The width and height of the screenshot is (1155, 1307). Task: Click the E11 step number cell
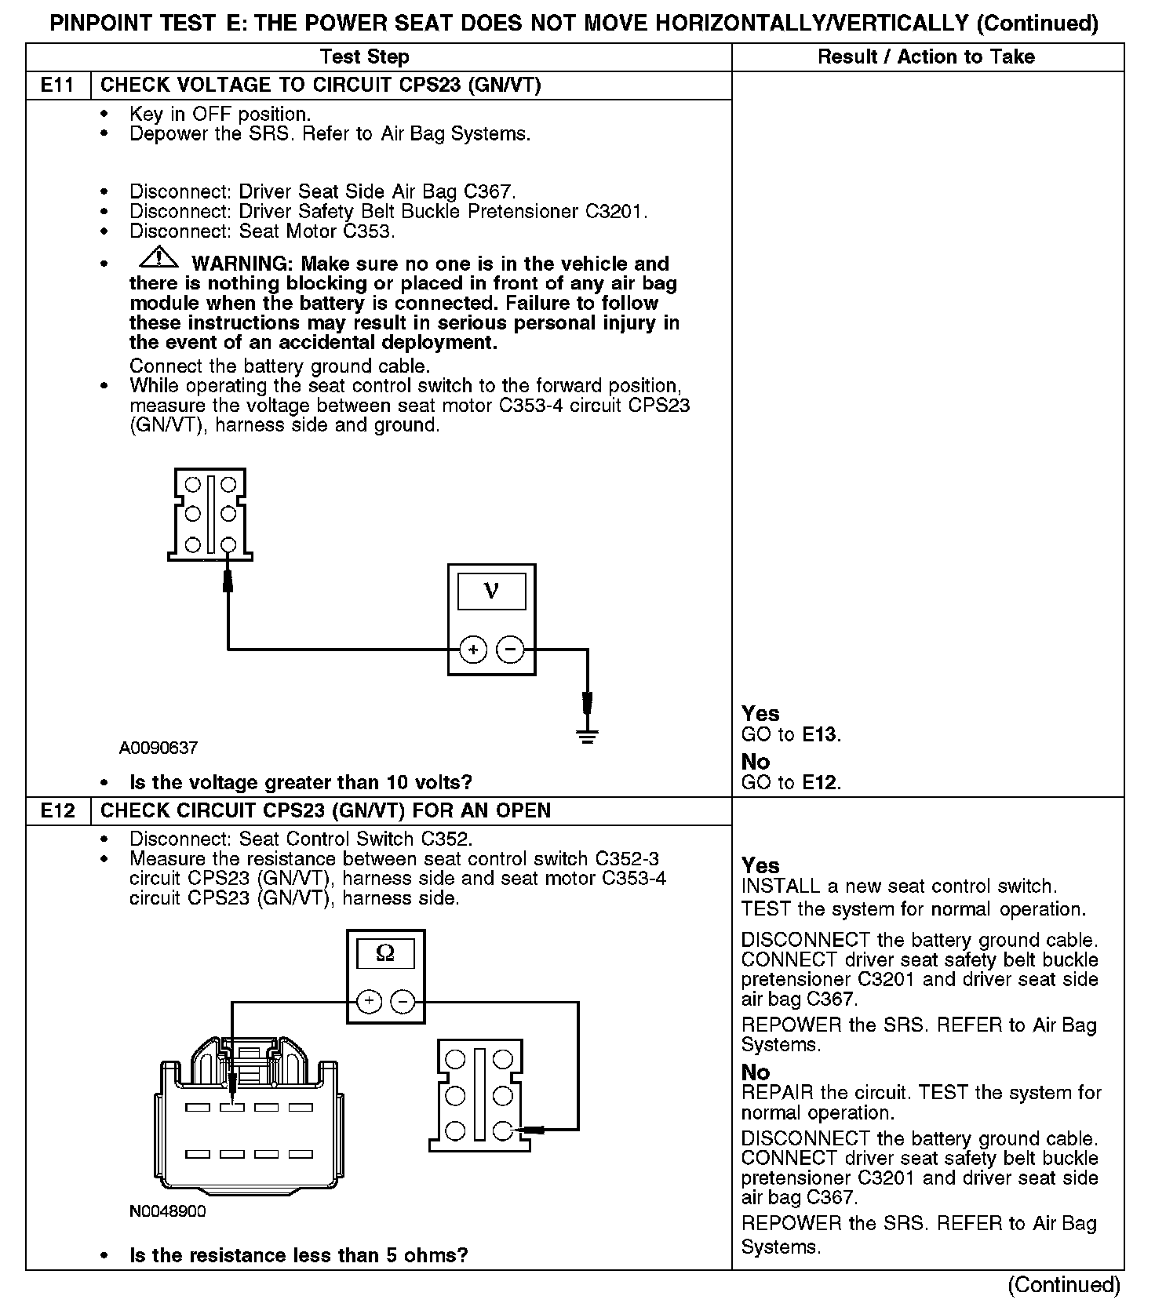coord(57,85)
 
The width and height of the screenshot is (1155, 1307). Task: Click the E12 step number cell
coord(57,810)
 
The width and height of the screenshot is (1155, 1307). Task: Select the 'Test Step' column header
coord(365,56)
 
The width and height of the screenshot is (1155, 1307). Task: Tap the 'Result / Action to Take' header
coord(926,56)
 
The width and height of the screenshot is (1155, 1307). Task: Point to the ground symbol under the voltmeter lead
coord(587,735)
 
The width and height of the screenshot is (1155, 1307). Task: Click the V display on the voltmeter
coord(492,591)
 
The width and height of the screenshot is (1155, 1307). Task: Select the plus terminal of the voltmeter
coord(473,650)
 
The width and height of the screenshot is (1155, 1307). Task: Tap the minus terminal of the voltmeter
coord(511,650)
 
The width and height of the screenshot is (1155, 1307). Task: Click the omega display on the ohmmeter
coord(386,954)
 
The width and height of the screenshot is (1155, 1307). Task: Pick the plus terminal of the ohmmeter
coord(370,1002)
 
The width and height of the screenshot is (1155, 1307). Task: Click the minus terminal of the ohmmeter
coord(403,1002)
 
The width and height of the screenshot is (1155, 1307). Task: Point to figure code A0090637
coord(158,748)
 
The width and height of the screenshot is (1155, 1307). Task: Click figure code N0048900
coord(168,1211)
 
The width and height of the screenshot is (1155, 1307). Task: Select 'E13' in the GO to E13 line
coord(821,735)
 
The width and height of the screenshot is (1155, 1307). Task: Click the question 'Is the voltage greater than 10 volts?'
coord(301,782)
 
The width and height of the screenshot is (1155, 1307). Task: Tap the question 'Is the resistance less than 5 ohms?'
coord(298,1255)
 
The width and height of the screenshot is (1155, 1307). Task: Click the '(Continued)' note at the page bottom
coord(1064,1284)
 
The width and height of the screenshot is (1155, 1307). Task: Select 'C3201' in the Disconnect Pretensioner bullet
coord(615,212)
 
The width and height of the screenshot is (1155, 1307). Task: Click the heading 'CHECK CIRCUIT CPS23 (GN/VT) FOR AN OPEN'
coord(326,810)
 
